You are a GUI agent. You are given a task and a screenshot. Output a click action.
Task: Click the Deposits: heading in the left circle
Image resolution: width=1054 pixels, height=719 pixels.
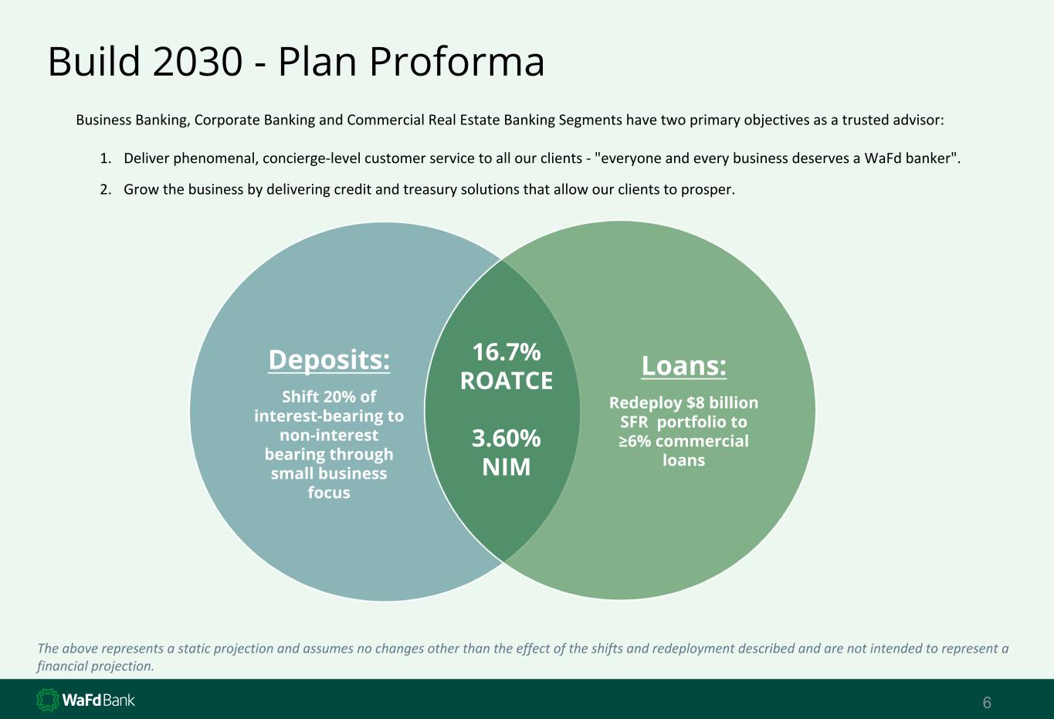click(x=329, y=360)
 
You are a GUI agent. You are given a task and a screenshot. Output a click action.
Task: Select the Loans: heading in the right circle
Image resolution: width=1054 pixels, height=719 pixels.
click(x=683, y=365)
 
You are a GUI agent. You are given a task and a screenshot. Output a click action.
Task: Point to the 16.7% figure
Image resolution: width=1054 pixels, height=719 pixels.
click(x=507, y=352)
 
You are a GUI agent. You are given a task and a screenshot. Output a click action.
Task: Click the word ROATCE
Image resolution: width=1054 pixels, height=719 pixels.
click(x=507, y=381)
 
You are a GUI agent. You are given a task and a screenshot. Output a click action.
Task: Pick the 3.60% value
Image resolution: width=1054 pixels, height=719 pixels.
click(x=507, y=438)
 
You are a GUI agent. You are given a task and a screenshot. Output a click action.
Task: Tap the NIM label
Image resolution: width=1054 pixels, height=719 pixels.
click(x=507, y=467)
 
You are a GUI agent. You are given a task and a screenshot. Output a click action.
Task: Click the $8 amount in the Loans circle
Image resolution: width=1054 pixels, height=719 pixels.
click(x=696, y=403)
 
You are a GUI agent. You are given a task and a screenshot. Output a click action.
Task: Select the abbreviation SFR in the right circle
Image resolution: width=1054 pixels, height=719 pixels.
click(x=634, y=422)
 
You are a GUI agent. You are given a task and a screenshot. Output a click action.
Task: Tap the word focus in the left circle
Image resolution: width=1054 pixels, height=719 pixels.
click(x=329, y=493)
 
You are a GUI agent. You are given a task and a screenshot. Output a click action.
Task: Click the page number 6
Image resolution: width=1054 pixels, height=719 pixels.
click(x=987, y=703)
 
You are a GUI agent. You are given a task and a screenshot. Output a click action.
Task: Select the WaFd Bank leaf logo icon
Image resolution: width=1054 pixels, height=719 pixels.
click(x=48, y=700)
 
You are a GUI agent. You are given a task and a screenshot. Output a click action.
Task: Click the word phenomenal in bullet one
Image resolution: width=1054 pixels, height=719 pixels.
click(x=215, y=158)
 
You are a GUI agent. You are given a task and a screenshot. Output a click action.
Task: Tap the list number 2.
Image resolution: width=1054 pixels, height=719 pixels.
click(x=103, y=190)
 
